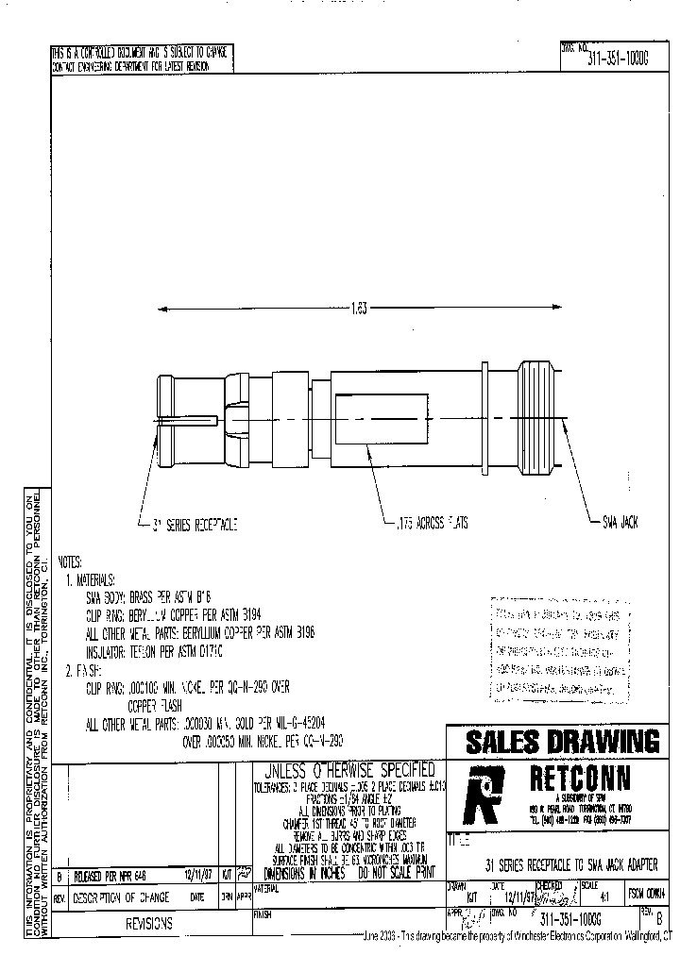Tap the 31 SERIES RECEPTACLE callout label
point(189,522)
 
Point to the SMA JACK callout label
point(621,522)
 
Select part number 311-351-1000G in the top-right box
point(618,58)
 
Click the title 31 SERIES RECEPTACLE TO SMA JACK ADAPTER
point(570,864)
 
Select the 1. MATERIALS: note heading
point(90,578)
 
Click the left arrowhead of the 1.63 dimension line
point(161,309)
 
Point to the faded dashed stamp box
point(558,652)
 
